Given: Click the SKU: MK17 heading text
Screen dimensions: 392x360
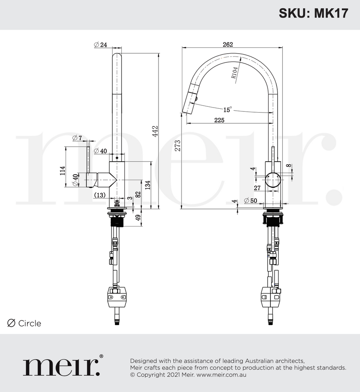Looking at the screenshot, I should coord(313,13).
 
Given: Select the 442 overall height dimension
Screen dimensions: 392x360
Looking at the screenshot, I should coord(155,131).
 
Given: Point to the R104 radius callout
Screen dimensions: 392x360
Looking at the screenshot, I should coord(234,72).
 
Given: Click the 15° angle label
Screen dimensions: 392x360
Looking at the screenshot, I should coord(227,109).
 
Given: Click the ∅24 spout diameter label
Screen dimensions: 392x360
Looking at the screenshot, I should coord(100,45).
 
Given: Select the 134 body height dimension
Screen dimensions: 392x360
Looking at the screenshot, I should coord(147,185).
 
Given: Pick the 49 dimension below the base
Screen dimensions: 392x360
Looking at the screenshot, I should coord(138,219).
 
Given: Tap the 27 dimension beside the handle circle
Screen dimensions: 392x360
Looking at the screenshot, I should coord(257,188).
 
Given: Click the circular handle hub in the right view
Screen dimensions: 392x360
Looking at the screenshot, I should coord(273,180).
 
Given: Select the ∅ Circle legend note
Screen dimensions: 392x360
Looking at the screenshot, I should coord(24,323).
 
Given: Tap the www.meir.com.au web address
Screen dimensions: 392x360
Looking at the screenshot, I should coord(221,375).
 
